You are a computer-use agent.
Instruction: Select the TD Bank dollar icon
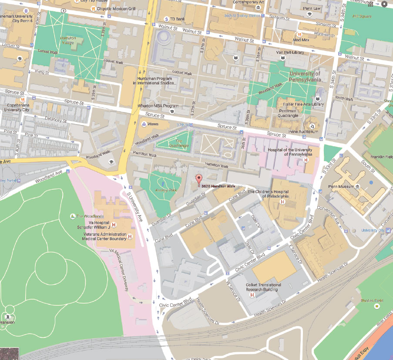click(166, 19)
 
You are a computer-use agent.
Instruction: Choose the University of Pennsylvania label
click(305, 77)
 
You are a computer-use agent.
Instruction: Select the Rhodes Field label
click(370, 300)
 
